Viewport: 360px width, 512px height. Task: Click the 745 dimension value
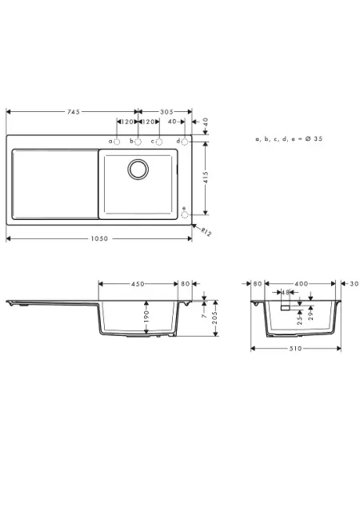click(74, 112)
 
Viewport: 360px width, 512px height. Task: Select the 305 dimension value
click(166, 112)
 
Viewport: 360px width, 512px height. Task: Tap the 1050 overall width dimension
click(99, 238)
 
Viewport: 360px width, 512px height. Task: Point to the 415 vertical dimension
click(206, 177)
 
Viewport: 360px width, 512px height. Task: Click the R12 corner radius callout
click(206, 232)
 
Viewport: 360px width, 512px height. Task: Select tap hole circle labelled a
click(117, 142)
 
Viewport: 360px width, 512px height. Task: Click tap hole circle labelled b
click(138, 142)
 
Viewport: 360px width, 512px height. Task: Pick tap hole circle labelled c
click(159, 142)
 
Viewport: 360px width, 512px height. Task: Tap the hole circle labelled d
click(185, 142)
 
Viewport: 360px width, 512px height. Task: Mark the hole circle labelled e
click(185, 214)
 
